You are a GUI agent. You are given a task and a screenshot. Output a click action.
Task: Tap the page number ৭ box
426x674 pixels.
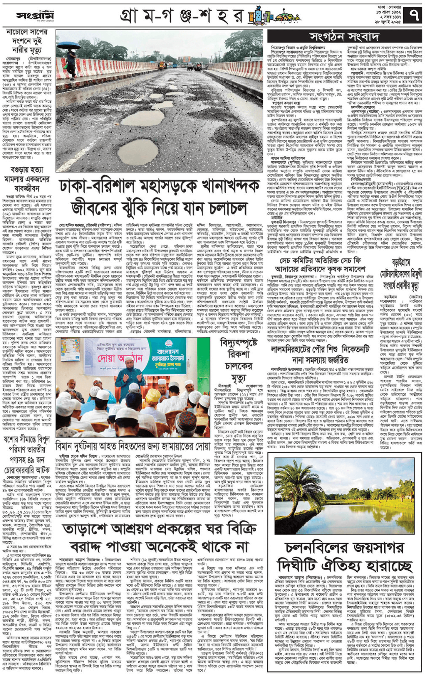point(415,15)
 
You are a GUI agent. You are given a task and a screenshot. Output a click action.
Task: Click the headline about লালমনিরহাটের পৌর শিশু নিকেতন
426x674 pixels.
point(320,354)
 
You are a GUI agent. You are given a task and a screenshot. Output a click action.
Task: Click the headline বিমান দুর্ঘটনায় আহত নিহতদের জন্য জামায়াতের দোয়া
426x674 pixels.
point(133,446)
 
